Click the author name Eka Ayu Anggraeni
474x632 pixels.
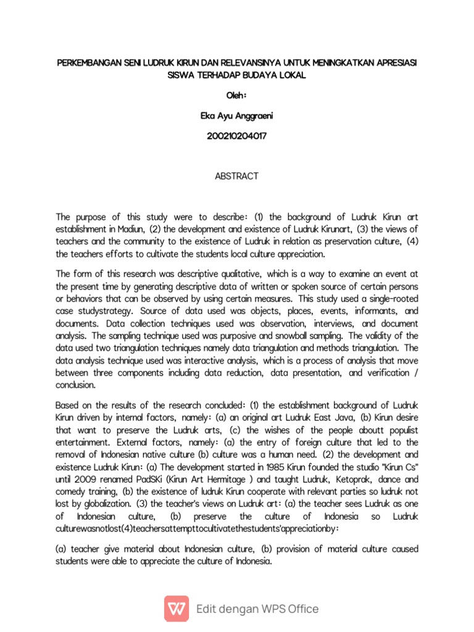tap(236, 117)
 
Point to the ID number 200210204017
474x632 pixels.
tap(236, 136)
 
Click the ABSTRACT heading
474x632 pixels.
tap(236, 176)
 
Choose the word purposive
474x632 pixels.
tap(244, 336)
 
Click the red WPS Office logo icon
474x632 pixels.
tap(177, 609)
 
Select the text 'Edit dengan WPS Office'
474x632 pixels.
tap(257, 609)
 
